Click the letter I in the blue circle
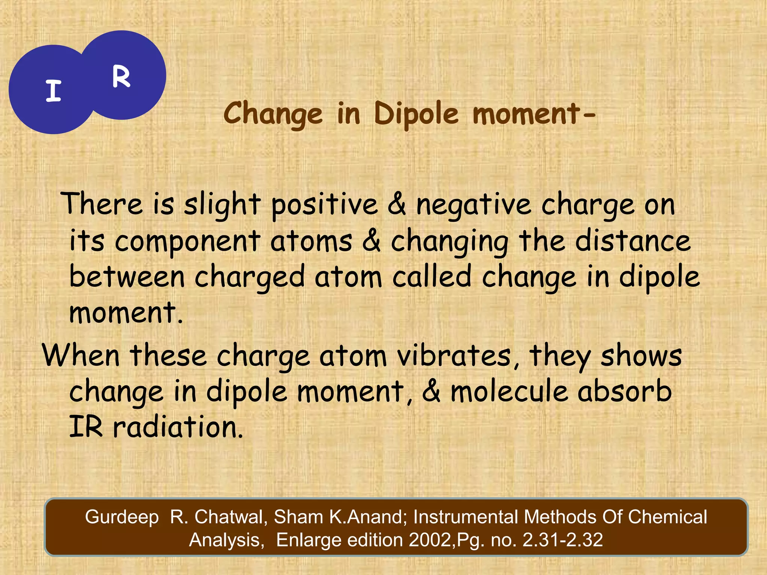coord(54,91)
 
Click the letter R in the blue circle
coord(121,77)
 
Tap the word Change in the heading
coord(273,114)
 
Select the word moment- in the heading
coord(533,114)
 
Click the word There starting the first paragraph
coord(101,204)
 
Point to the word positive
coord(324,205)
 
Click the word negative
coord(473,205)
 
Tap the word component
coord(187,241)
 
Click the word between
coord(127,277)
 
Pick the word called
coord(431,277)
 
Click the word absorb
coord(624,391)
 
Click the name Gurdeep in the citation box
coord(122,517)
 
